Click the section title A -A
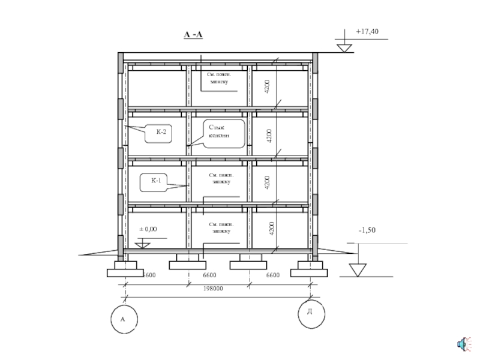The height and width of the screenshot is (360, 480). pyautogui.click(x=193, y=35)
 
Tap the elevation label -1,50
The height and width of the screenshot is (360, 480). pyautogui.click(x=368, y=230)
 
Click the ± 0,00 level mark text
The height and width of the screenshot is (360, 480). pyautogui.click(x=148, y=229)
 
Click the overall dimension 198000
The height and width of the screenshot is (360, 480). pyautogui.click(x=213, y=289)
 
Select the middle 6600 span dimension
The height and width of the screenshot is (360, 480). pyautogui.click(x=209, y=275)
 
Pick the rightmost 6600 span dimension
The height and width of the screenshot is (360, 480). pyautogui.click(x=272, y=275)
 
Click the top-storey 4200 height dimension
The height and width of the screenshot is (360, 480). pyautogui.click(x=267, y=86)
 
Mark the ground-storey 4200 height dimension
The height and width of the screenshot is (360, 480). pyautogui.click(x=271, y=228)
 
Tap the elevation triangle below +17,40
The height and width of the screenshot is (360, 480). pyautogui.click(x=344, y=47)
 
